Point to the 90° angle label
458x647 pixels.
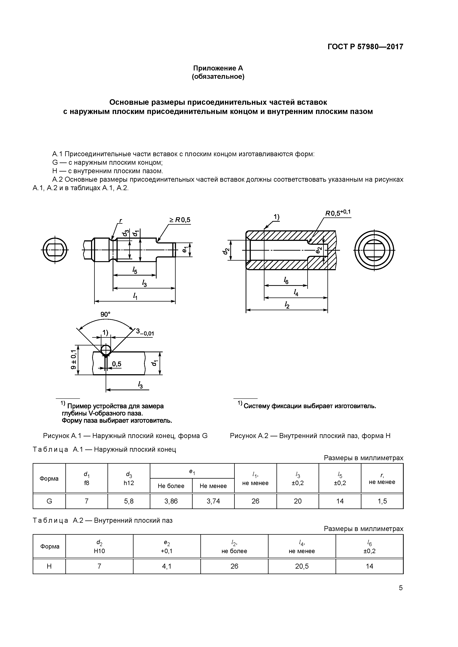(105, 314)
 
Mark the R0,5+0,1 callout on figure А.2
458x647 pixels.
(338, 213)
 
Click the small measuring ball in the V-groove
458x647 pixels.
(106, 350)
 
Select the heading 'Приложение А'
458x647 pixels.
(218, 68)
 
